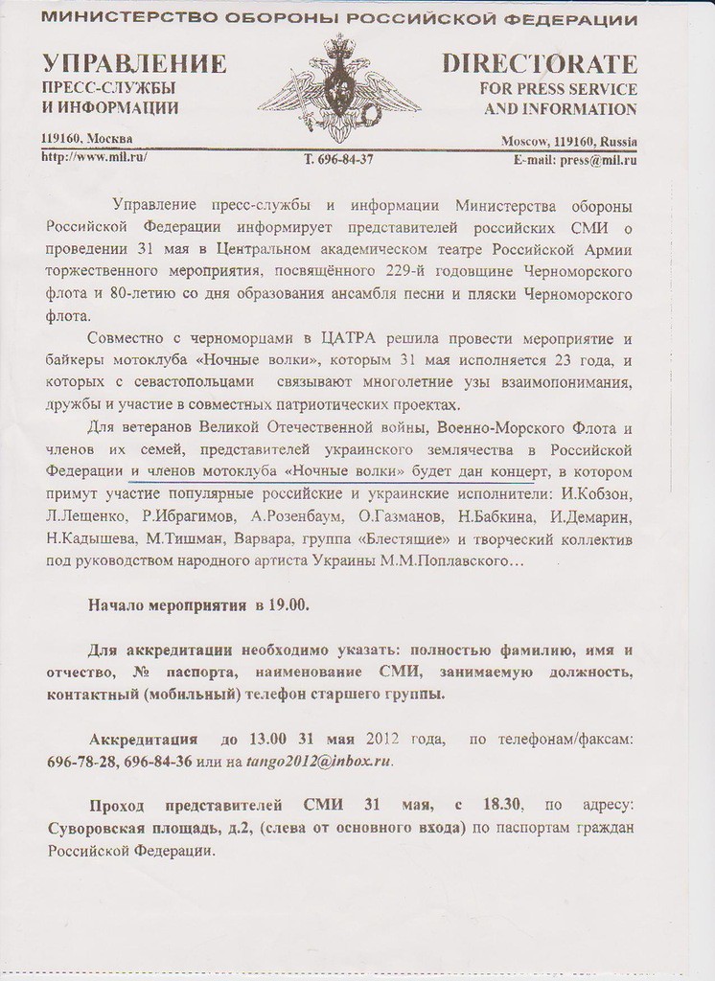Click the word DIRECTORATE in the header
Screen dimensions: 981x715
(540, 64)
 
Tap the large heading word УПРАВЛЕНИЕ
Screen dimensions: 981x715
(134, 64)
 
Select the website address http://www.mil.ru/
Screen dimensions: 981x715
(94, 156)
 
